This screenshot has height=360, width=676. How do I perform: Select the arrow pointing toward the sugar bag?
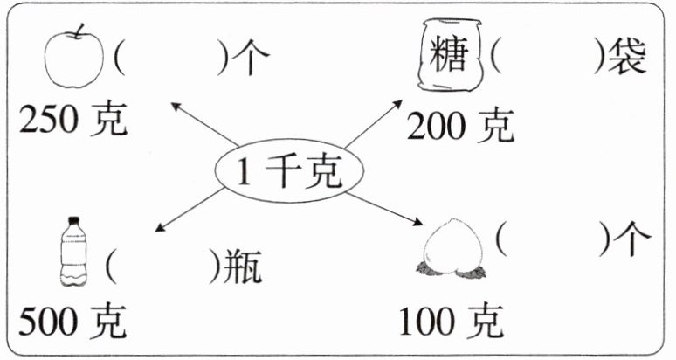click(x=370, y=130)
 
